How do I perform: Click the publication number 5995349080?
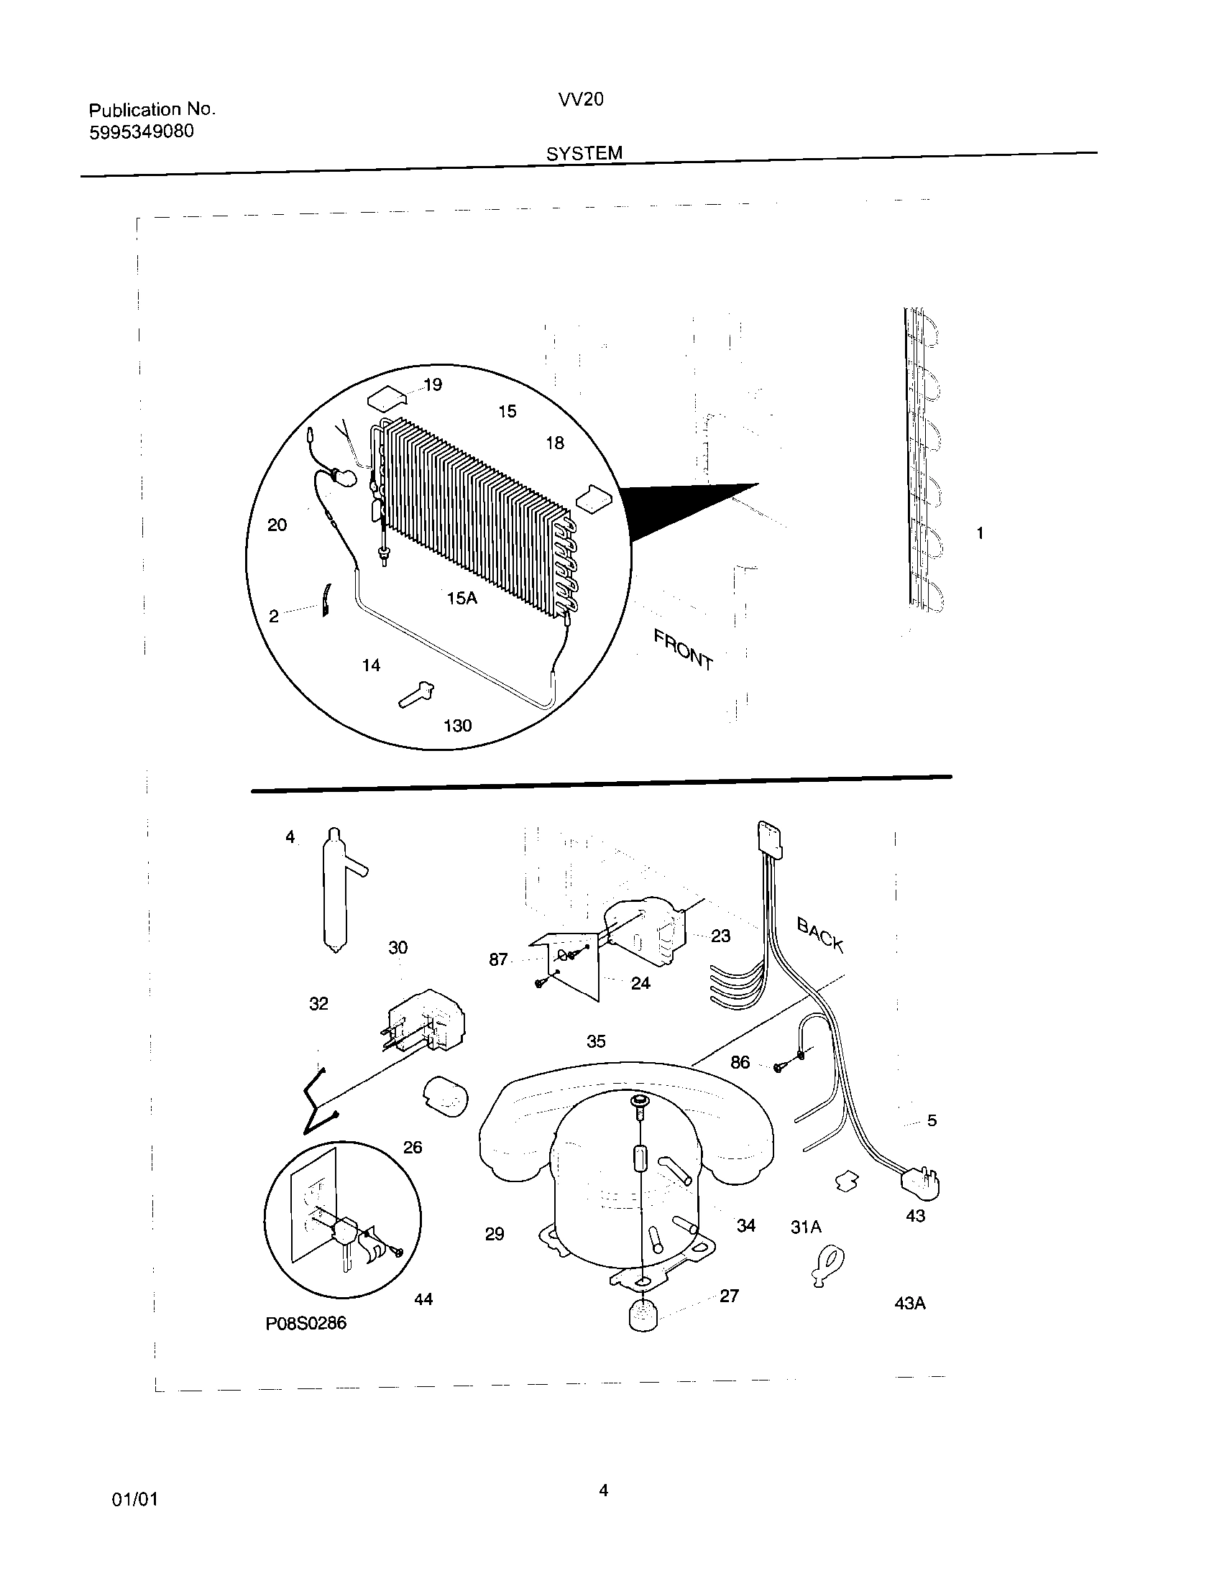click(x=141, y=132)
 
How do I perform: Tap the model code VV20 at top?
click(x=580, y=100)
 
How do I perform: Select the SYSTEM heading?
click(x=584, y=154)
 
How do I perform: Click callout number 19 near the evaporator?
click(x=433, y=384)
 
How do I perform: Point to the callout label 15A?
click(x=462, y=599)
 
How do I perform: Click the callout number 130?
click(x=457, y=726)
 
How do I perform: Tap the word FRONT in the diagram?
click(x=683, y=650)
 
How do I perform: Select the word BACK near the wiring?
click(x=820, y=934)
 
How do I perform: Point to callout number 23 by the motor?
click(x=720, y=936)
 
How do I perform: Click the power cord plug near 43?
click(x=920, y=1185)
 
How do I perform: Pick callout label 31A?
click(x=806, y=1227)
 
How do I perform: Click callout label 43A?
click(x=910, y=1304)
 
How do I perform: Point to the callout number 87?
click(x=498, y=960)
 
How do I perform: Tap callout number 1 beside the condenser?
click(x=980, y=533)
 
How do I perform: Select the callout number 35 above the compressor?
click(x=596, y=1042)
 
